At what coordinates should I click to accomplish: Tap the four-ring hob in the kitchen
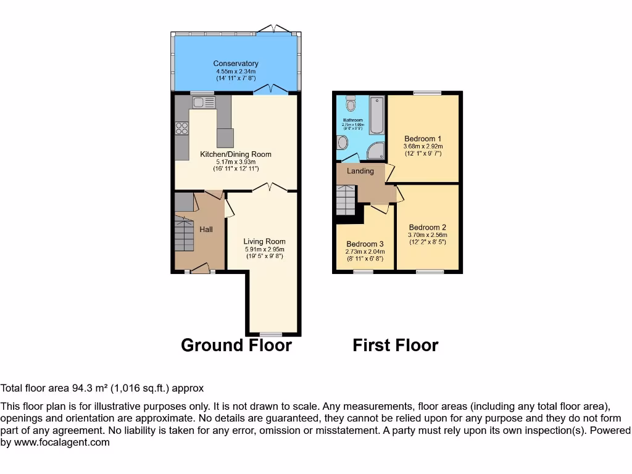(x=182, y=128)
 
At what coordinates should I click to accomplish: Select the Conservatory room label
(x=236, y=64)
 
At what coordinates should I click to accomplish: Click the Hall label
(x=206, y=230)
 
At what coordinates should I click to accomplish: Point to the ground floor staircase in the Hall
(x=184, y=235)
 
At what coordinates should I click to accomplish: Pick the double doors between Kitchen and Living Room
(x=269, y=187)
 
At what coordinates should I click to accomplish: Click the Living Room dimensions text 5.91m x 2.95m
(x=264, y=249)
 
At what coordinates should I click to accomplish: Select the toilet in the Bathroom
(x=351, y=102)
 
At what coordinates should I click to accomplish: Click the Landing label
(x=360, y=171)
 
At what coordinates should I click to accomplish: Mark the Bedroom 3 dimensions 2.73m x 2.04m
(x=365, y=252)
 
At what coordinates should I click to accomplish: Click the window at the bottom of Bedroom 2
(x=430, y=272)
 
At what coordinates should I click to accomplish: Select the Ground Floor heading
(x=236, y=345)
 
